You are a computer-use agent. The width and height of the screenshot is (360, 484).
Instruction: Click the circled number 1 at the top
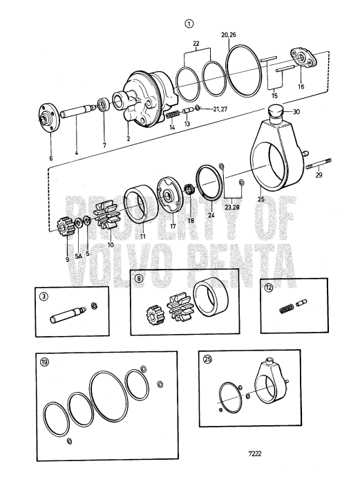pos(189,23)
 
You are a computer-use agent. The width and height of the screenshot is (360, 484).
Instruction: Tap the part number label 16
pos(300,88)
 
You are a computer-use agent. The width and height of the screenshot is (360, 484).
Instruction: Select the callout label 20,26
pos(229,34)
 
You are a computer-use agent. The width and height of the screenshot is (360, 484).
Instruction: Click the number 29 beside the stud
pos(319,196)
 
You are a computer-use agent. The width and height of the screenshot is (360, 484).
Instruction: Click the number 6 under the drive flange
pos(50,158)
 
